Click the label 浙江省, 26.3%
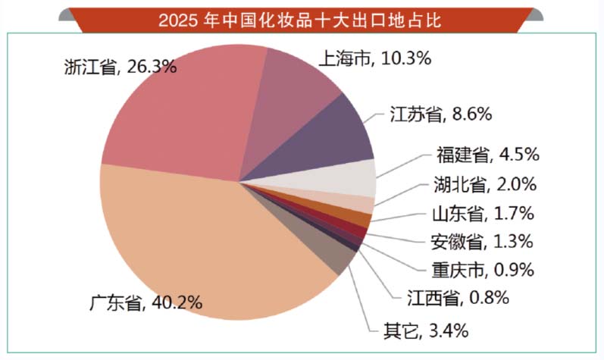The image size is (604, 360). pos(120,67)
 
